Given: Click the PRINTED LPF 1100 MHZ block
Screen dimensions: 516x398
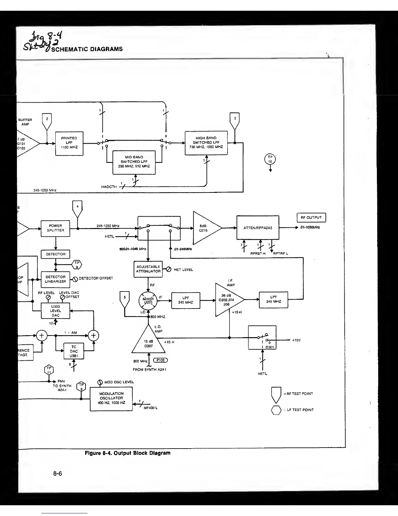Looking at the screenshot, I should coord(69,143).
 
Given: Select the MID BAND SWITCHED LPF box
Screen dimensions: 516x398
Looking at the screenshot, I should coord(134,162).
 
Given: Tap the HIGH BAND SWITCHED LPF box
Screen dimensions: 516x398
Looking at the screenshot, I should coord(206,143).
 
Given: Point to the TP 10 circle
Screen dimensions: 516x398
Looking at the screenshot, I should coord(270,159).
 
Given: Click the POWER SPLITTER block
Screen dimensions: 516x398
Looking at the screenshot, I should coord(56,228).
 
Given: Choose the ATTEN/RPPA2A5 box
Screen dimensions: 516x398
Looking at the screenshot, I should coord(258,228).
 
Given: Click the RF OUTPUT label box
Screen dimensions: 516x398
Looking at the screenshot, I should coord(311,218).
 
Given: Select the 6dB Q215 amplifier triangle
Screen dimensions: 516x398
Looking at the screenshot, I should coord(205,228).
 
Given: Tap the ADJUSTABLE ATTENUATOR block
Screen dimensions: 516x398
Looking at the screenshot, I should coord(148,269).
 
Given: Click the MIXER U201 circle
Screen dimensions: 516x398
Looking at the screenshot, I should coord(148,300).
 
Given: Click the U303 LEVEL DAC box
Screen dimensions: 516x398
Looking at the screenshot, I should coord(56,311).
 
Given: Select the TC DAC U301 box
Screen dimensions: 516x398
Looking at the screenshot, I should coord(74,351).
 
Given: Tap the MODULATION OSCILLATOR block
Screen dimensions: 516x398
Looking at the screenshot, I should coord(111,398).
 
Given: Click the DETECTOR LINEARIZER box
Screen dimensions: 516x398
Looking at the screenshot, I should coord(56,279).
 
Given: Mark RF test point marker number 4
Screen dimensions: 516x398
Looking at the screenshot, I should coord(77,208).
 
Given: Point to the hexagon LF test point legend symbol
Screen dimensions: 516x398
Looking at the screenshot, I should coord(276,410).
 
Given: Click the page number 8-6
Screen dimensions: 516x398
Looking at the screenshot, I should coord(58,473).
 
